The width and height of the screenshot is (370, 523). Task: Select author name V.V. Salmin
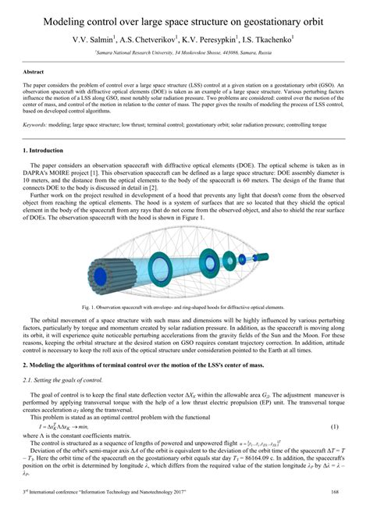click(x=95, y=37)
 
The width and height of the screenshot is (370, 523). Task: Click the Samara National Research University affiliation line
click(x=185, y=52)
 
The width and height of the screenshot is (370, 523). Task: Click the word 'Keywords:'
click(x=38, y=123)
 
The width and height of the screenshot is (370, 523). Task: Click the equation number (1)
click(x=334, y=427)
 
